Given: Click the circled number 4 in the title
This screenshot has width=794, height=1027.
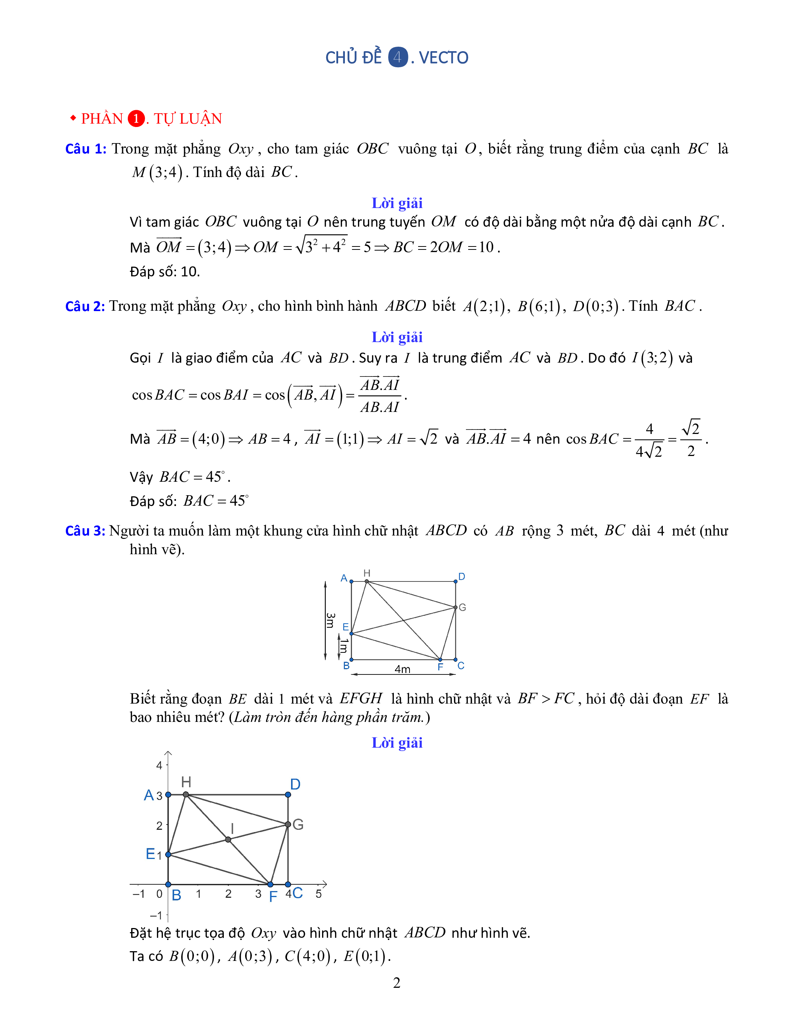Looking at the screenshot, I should [x=398, y=58].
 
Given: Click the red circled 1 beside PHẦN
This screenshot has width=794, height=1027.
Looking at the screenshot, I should [x=136, y=118].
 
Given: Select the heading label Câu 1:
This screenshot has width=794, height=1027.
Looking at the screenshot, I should [x=86, y=149].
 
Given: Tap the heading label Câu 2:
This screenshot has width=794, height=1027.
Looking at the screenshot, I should [x=85, y=307].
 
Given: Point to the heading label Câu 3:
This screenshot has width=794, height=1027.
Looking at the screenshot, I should [x=85, y=531].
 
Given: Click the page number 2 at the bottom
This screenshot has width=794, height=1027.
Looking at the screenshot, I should [x=396, y=983].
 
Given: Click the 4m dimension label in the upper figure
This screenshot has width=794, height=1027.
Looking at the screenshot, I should [x=402, y=669].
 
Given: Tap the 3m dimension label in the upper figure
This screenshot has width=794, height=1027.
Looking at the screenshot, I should [x=331, y=620].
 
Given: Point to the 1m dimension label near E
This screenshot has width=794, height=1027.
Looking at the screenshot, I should [x=344, y=646].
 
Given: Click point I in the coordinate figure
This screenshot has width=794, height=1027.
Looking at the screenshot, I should [x=228, y=840].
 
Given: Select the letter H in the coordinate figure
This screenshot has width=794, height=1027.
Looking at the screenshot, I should [x=186, y=782].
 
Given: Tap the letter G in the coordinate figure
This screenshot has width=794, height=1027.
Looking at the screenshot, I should [x=298, y=824].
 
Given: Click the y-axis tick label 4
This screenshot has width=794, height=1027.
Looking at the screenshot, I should [x=159, y=766].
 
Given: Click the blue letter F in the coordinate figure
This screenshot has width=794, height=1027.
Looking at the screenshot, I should [x=273, y=897].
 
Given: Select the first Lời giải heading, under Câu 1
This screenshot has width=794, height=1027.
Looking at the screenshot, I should [x=397, y=203].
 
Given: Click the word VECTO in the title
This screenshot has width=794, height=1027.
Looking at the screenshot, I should [x=443, y=58].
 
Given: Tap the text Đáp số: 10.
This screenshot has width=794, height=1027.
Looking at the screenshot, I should [x=165, y=272].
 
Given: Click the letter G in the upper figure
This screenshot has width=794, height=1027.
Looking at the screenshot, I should [x=462, y=608].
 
